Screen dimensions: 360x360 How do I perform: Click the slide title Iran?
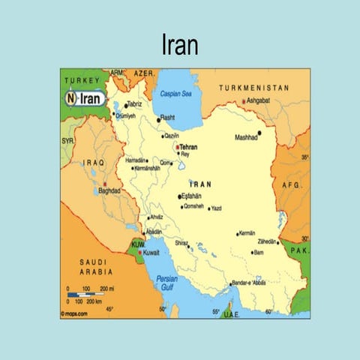(x=180, y=46)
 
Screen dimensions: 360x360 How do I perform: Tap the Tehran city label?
(x=188, y=147)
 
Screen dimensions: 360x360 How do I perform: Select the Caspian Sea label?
(x=177, y=94)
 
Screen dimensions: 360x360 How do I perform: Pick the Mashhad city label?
(x=246, y=137)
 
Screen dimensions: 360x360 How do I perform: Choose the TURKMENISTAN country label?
(x=253, y=88)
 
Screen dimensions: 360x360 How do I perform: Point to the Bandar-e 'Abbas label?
(x=250, y=282)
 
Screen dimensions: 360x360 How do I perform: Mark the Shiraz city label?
(x=181, y=242)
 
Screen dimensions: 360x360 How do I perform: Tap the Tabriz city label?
(x=134, y=103)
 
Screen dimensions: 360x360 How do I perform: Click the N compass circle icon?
(x=70, y=98)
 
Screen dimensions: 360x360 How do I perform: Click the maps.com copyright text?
(x=75, y=313)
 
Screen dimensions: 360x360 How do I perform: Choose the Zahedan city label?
(x=266, y=242)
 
